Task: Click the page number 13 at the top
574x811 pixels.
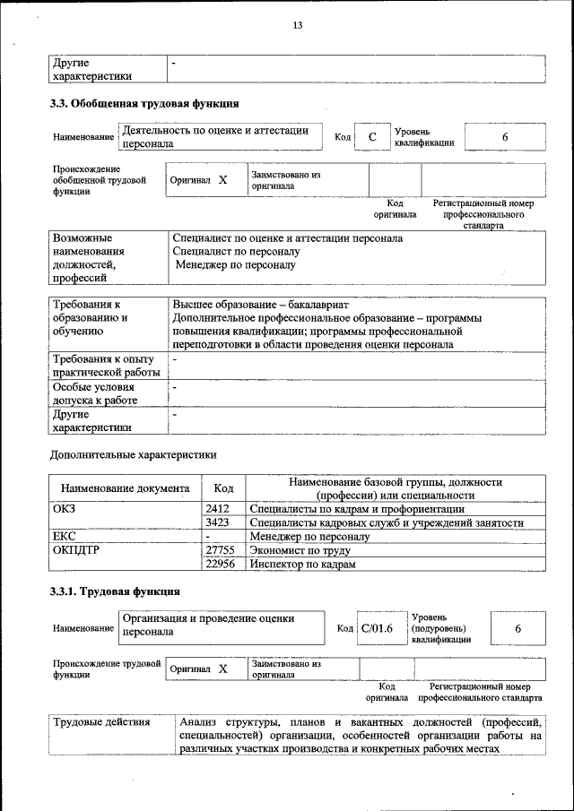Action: click(x=297, y=25)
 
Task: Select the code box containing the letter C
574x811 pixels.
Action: click(x=371, y=137)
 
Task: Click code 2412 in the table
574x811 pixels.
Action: click(x=218, y=508)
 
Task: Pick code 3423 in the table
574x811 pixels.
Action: click(x=218, y=522)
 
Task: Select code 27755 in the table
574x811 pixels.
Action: click(x=220, y=550)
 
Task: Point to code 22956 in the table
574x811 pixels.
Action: click(x=220, y=565)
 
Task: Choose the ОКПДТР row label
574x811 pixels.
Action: click(x=76, y=550)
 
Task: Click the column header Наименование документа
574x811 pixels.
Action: click(x=125, y=488)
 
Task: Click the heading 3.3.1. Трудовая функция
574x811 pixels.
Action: click(x=115, y=591)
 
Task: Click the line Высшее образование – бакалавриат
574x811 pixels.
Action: click(x=265, y=304)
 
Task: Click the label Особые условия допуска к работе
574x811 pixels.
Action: click(x=99, y=393)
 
